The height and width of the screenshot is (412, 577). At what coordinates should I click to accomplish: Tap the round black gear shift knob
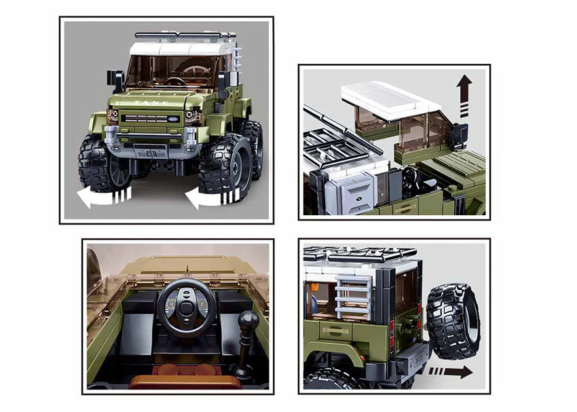(x=248, y=320)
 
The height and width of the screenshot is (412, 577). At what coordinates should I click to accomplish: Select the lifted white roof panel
(x=391, y=100)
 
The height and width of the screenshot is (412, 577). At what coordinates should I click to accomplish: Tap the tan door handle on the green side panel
(x=337, y=331)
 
